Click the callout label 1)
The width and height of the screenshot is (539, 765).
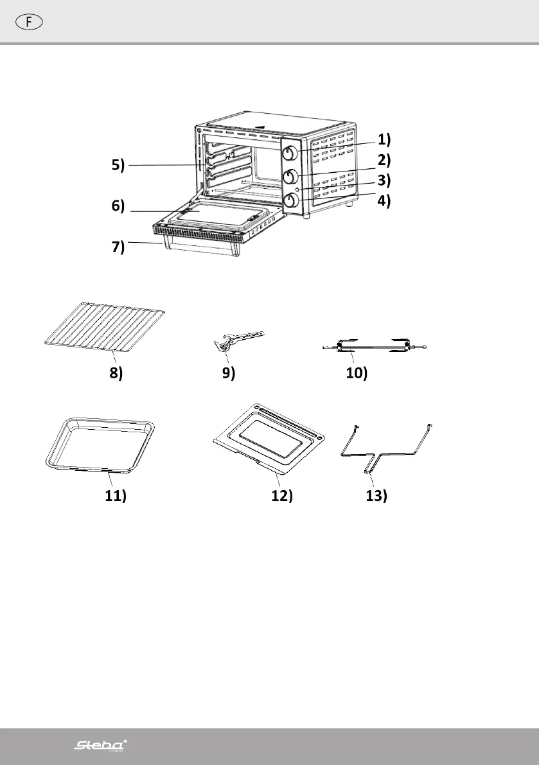(384, 139)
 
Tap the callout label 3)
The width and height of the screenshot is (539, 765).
(384, 180)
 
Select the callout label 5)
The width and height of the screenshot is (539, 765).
(116, 166)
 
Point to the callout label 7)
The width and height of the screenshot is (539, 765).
(116, 248)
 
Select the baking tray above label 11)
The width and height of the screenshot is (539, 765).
(102, 443)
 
